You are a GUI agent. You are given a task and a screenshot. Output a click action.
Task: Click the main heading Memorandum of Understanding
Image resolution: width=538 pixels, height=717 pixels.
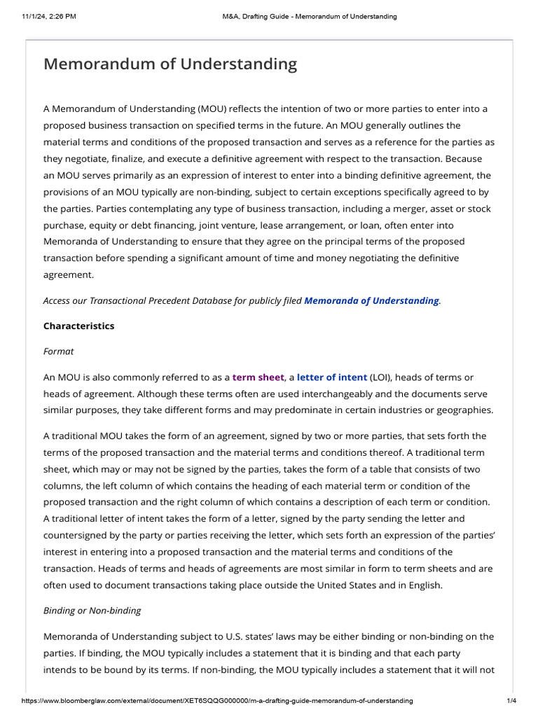(x=170, y=64)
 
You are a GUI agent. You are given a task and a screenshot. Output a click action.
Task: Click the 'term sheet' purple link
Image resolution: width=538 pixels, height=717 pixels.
(x=258, y=377)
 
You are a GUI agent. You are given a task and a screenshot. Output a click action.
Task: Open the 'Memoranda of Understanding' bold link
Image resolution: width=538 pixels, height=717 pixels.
(x=371, y=300)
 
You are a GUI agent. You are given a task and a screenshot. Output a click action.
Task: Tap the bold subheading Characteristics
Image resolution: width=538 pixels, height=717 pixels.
(x=78, y=326)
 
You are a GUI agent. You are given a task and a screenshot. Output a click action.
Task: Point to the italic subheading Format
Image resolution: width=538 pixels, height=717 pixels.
(x=58, y=351)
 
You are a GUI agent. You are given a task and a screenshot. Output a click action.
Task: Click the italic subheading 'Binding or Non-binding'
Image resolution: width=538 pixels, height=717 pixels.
(x=92, y=611)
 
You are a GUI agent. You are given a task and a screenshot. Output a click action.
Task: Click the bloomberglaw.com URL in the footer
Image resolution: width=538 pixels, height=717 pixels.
(x=217, y=701)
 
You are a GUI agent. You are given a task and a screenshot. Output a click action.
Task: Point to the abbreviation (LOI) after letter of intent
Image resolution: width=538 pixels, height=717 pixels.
(x=381, y=377)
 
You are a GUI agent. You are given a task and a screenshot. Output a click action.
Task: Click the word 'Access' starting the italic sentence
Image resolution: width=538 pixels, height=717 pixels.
(x=58, y=300)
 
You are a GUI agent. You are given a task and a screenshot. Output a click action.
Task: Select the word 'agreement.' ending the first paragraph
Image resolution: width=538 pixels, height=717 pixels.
(x=68, y=275)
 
